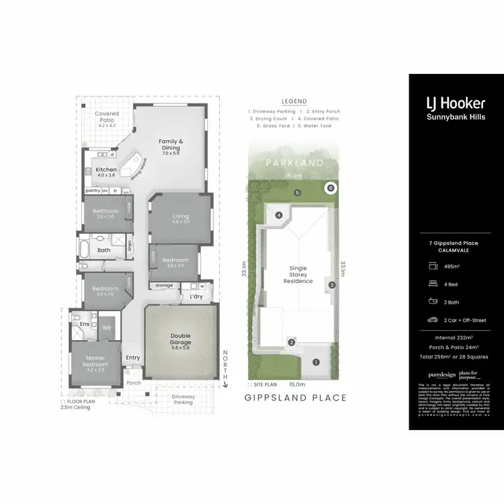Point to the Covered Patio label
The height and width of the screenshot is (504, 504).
point(107,118)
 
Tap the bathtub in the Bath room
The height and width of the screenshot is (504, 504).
point(84,250)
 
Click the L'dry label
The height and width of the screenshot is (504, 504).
point(196,297)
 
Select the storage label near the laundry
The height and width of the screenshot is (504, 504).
point(165,286)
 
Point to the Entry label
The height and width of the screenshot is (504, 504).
point(133,358)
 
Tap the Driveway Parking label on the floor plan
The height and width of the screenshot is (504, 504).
point(183,400)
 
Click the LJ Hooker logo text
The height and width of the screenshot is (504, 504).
point(456,104)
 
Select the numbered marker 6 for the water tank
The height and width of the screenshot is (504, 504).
point(331,187)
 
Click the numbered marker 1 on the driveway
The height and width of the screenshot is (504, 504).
point(317,363)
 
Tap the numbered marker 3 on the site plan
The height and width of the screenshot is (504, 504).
point(331,285)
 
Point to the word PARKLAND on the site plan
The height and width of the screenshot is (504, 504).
point(294,163)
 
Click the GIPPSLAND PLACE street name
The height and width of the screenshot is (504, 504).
point(296,398)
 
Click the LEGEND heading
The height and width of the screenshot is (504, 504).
point(294,101)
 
